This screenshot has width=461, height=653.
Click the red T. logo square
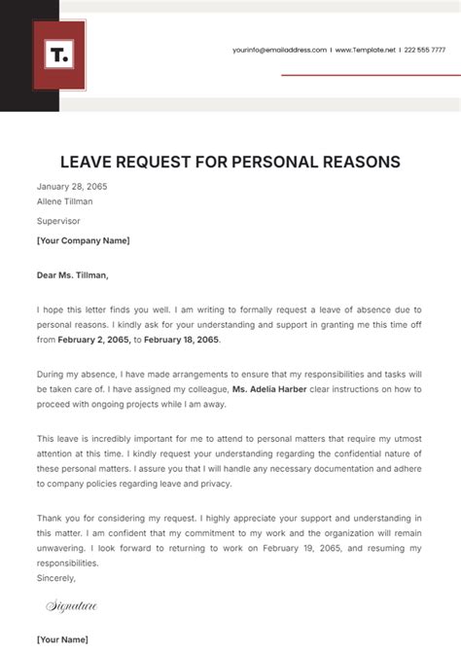[x=59, y=55]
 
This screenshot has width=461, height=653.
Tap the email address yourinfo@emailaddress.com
[x=279, y=50]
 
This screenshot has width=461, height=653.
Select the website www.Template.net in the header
[x=365, y=50]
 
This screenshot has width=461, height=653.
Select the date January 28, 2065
[x=72, y=186]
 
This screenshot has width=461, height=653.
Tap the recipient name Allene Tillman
[x=64, y=201]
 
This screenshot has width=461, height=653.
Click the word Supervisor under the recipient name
[x=58, y=221]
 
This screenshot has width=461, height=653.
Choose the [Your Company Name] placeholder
[x=83, y=240]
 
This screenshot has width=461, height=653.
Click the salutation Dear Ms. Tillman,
[x=73, y=274]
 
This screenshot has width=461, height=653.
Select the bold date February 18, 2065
[x=183, y=341]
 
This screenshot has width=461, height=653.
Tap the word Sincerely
[x=56, y=577]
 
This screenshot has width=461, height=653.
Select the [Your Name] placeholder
[x=62, y=639]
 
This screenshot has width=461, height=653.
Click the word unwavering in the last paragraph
[x=62, y=548]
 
